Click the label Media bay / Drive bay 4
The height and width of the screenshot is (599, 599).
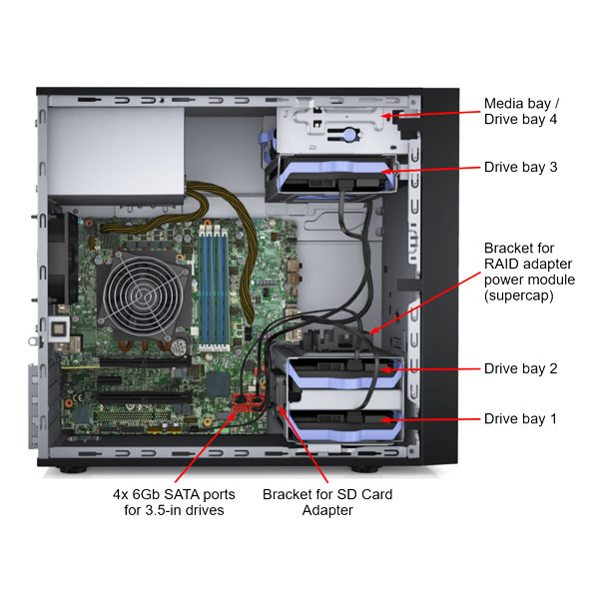point(519,111)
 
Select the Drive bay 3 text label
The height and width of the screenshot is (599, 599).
point(520,167)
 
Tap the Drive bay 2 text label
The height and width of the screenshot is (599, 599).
point(520,368)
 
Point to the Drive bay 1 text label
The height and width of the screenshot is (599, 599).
point(520,419)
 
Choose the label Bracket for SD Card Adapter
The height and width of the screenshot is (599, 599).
point(327,502)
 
